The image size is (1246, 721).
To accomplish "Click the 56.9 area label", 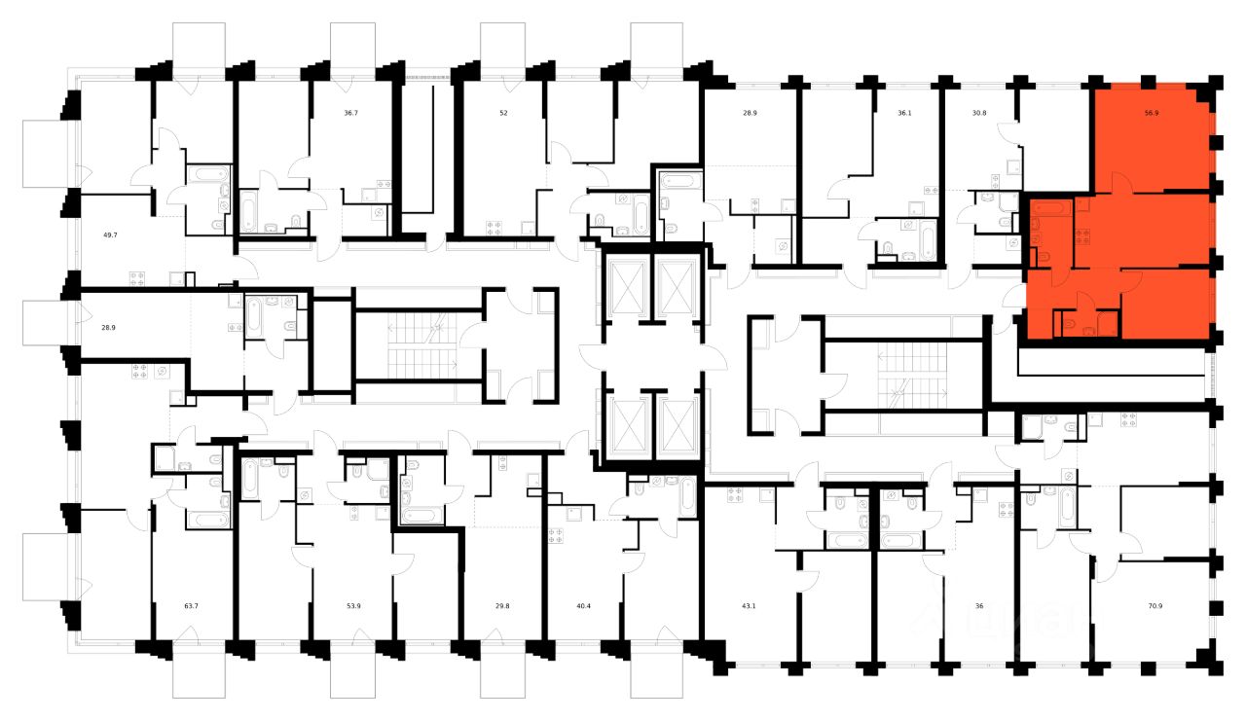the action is tap(1152, 113).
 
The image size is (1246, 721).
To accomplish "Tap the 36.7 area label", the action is tap(350, 113).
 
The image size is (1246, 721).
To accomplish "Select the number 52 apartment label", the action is tap(503, 113).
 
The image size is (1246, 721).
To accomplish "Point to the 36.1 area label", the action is tap(904, 113).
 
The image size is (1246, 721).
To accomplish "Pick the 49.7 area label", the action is tap(109, 234).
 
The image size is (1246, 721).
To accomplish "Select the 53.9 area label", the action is tap(353, 606).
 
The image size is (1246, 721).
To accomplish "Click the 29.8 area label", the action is tap(503, 606).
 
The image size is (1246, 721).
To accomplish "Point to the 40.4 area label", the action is tap(584, 606).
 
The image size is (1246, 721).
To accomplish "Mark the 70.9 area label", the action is tap(1155, 606).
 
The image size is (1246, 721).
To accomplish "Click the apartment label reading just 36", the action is tap(979, 606).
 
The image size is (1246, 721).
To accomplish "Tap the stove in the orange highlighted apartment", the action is tap(1081, 234).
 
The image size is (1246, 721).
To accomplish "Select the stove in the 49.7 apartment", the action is tap(137, 278).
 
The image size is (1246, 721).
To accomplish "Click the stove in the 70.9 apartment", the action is tap(1129, 420).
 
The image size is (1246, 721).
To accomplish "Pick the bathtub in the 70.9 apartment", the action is tap(1068, 506).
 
